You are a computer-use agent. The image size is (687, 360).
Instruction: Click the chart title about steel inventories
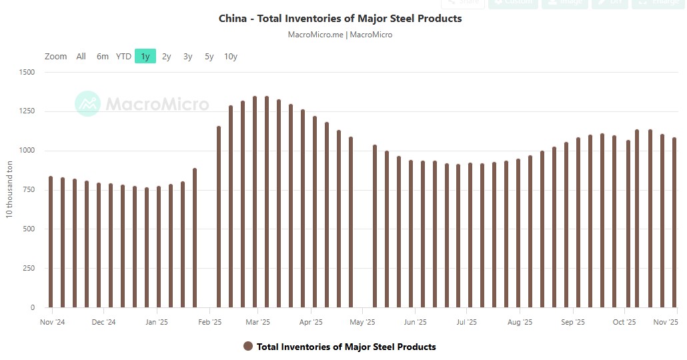[x=340, y=19]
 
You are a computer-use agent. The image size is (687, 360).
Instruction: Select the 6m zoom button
[x=102, y=57]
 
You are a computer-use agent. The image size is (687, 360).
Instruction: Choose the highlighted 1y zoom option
[x=145, y=57]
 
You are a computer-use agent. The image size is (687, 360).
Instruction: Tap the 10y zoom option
[x=231, y=57]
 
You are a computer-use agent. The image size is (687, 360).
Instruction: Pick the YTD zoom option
[x=123, y=57]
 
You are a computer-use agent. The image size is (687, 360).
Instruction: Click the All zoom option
[x=81, y=57]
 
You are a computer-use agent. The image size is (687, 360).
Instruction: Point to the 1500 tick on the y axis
[x=27, y=72]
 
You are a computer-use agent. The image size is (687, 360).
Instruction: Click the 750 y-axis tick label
[x=29, y=190]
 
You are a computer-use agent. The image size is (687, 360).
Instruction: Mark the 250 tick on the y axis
[x=29, y=269]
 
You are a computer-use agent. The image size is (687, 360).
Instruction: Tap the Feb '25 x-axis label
[x=210, y=322]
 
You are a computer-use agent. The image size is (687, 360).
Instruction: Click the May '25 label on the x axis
[x=362, y=322]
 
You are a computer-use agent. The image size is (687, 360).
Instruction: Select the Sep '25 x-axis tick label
[x=573, y=322]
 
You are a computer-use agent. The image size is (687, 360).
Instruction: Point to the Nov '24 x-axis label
[x=51, y=322]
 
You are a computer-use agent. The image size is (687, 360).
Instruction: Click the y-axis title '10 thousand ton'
[x=9, y=190]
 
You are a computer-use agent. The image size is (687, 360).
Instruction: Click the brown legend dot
[x=248, y=347]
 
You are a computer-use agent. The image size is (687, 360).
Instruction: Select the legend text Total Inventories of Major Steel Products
[x=346, y=347]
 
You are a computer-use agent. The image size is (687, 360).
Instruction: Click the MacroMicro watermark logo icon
[x=87, y=103]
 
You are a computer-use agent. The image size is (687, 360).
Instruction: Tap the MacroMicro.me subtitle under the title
[x=315, y=35]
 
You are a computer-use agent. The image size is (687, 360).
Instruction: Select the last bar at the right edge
[x=674, y=223]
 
